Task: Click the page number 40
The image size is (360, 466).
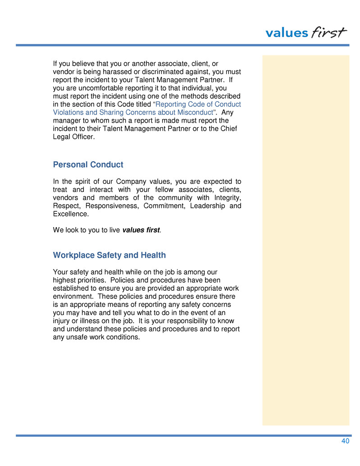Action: pos(345,441)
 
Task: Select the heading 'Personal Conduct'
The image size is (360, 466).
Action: pos(88,164)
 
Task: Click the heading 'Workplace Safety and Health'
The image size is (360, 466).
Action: pos(109,255)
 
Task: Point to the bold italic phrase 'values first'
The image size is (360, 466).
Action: pos(141,230)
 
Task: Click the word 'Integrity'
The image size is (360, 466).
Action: pos(226,198)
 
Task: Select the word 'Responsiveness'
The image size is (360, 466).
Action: pos(110,206)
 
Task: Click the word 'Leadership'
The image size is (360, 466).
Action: pos(208,206)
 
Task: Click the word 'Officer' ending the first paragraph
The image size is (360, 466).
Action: pos(83,137)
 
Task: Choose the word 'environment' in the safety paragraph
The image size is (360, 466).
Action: pos(73,296)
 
